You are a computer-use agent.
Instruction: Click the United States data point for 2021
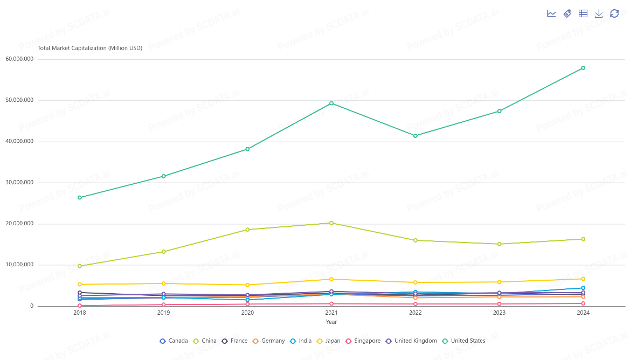click(331, 103)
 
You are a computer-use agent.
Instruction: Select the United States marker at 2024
click(583, 68)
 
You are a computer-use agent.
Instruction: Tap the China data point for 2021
click(331, 223)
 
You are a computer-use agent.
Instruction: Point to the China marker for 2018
click(80, 266)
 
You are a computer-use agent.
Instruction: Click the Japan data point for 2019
click(163, 283)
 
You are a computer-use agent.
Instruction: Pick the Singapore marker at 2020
click(247, 304)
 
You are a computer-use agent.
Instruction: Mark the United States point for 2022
click(416, 136)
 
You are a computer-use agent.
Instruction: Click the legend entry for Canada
click(174, 341)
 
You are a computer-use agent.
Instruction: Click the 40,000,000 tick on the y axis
click(19, 141)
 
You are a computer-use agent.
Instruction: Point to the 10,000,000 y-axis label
click(19, 265)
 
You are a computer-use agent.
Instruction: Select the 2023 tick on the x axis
click(499, 313)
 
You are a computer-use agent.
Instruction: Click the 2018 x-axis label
click(80, 313)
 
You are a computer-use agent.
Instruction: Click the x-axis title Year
click(331, 322)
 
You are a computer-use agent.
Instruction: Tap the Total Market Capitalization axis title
click(90, 48)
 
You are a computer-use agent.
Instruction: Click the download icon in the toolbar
click(599, 13)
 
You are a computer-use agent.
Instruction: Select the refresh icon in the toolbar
click(614, 13)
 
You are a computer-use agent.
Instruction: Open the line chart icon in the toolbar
click(551, 13)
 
